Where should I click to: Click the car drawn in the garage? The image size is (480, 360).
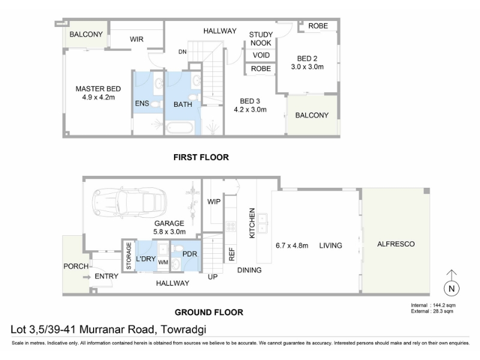129,202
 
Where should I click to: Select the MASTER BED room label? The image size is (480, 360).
98,89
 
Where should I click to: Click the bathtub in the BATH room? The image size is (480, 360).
179,128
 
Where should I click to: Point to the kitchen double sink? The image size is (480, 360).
262,223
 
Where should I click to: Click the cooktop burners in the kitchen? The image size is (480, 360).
230,227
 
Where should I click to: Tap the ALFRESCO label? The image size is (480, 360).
396,244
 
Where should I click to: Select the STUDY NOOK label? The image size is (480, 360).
261,39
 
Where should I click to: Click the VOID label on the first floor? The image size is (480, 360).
261,55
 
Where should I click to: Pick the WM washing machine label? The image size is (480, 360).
163,262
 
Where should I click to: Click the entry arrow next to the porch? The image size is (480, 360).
87,277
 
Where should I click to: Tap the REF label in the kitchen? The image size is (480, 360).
232,254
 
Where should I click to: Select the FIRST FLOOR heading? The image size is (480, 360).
201,157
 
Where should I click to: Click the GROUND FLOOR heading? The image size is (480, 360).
209,313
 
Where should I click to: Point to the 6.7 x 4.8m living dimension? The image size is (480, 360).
292,245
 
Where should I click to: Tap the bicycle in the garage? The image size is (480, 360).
193,203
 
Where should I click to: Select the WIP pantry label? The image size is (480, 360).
214,202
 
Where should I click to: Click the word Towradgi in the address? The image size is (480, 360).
184,329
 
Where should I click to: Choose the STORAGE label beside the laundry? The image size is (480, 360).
129,256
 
